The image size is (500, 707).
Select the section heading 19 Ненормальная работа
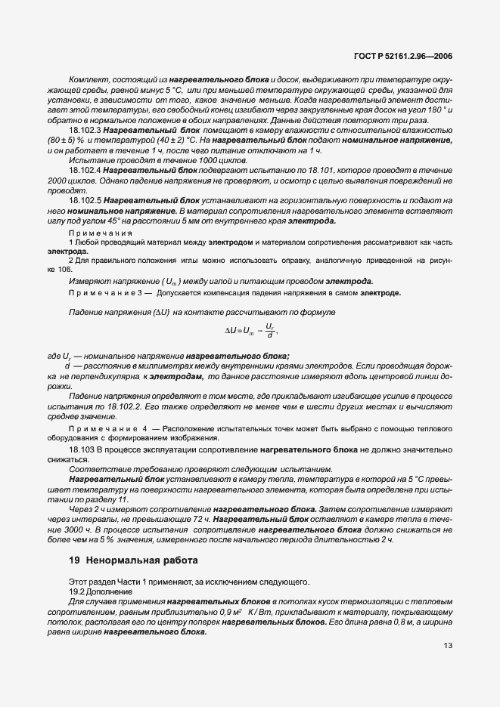coord(132,560)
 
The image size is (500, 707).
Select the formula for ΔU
coord(251,330)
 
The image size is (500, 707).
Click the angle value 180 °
coord(433,110)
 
